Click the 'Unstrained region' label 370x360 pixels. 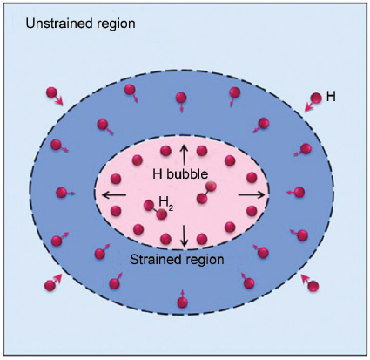pos(80,24)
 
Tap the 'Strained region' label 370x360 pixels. pos(177,259)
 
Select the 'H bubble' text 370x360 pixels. pos(180,174)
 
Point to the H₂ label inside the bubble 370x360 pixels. pos(166,202)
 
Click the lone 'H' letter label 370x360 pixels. pos(331,97)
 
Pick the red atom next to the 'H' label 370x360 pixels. pos(316,98)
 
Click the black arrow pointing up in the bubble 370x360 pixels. pos(184,154)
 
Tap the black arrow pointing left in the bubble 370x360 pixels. pos(115,195)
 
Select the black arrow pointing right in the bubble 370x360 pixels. pos(252,195)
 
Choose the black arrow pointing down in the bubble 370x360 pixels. pos(184,235)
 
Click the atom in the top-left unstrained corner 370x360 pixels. pos(51,92)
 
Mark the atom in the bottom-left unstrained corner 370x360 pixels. pos(50,285)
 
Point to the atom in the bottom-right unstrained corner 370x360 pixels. pos(313,287)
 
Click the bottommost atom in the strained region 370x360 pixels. pos(182,302)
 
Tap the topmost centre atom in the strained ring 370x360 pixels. pos(181,98)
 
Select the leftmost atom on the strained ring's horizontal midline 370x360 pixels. pos(61,193)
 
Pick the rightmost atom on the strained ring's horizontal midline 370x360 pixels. pos(299,192)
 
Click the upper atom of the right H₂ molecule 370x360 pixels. pos(211,187)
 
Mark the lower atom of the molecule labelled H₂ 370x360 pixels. pos(161,214)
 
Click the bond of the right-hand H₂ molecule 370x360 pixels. pos(206,193)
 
